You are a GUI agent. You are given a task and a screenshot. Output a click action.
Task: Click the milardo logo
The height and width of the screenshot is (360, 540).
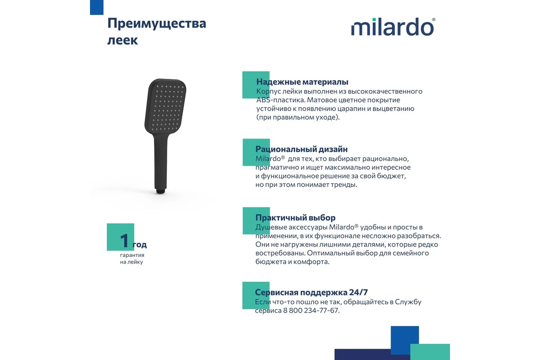coord(393,27)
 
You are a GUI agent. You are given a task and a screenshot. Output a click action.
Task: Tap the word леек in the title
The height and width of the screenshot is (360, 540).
coord(122,40)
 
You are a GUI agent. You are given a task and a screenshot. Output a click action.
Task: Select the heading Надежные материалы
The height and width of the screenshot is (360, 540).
coord(302,82)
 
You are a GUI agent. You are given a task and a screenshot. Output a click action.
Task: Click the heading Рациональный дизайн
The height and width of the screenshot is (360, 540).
coord(301,149)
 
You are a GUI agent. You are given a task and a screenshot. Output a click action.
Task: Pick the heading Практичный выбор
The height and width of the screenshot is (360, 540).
coord(295,218)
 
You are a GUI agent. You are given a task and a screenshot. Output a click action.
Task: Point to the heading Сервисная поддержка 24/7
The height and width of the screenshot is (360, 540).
coord(311,292)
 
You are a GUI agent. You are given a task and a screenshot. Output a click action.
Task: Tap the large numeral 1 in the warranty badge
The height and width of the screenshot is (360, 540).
coord(124,241)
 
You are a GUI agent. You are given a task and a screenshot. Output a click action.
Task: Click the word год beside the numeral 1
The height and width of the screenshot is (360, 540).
coord(139,245)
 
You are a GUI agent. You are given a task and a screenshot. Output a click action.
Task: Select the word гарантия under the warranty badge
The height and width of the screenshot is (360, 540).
coord(132,255)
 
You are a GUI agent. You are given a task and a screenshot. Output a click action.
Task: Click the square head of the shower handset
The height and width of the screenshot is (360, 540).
coord(166,106)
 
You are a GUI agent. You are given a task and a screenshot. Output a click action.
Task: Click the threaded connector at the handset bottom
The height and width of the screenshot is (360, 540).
coord(160,191)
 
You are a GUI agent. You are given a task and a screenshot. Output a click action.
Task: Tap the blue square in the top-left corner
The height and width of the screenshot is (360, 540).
coord(97,7)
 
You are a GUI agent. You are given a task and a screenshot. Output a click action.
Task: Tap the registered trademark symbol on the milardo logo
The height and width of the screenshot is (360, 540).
coord(433,19)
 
